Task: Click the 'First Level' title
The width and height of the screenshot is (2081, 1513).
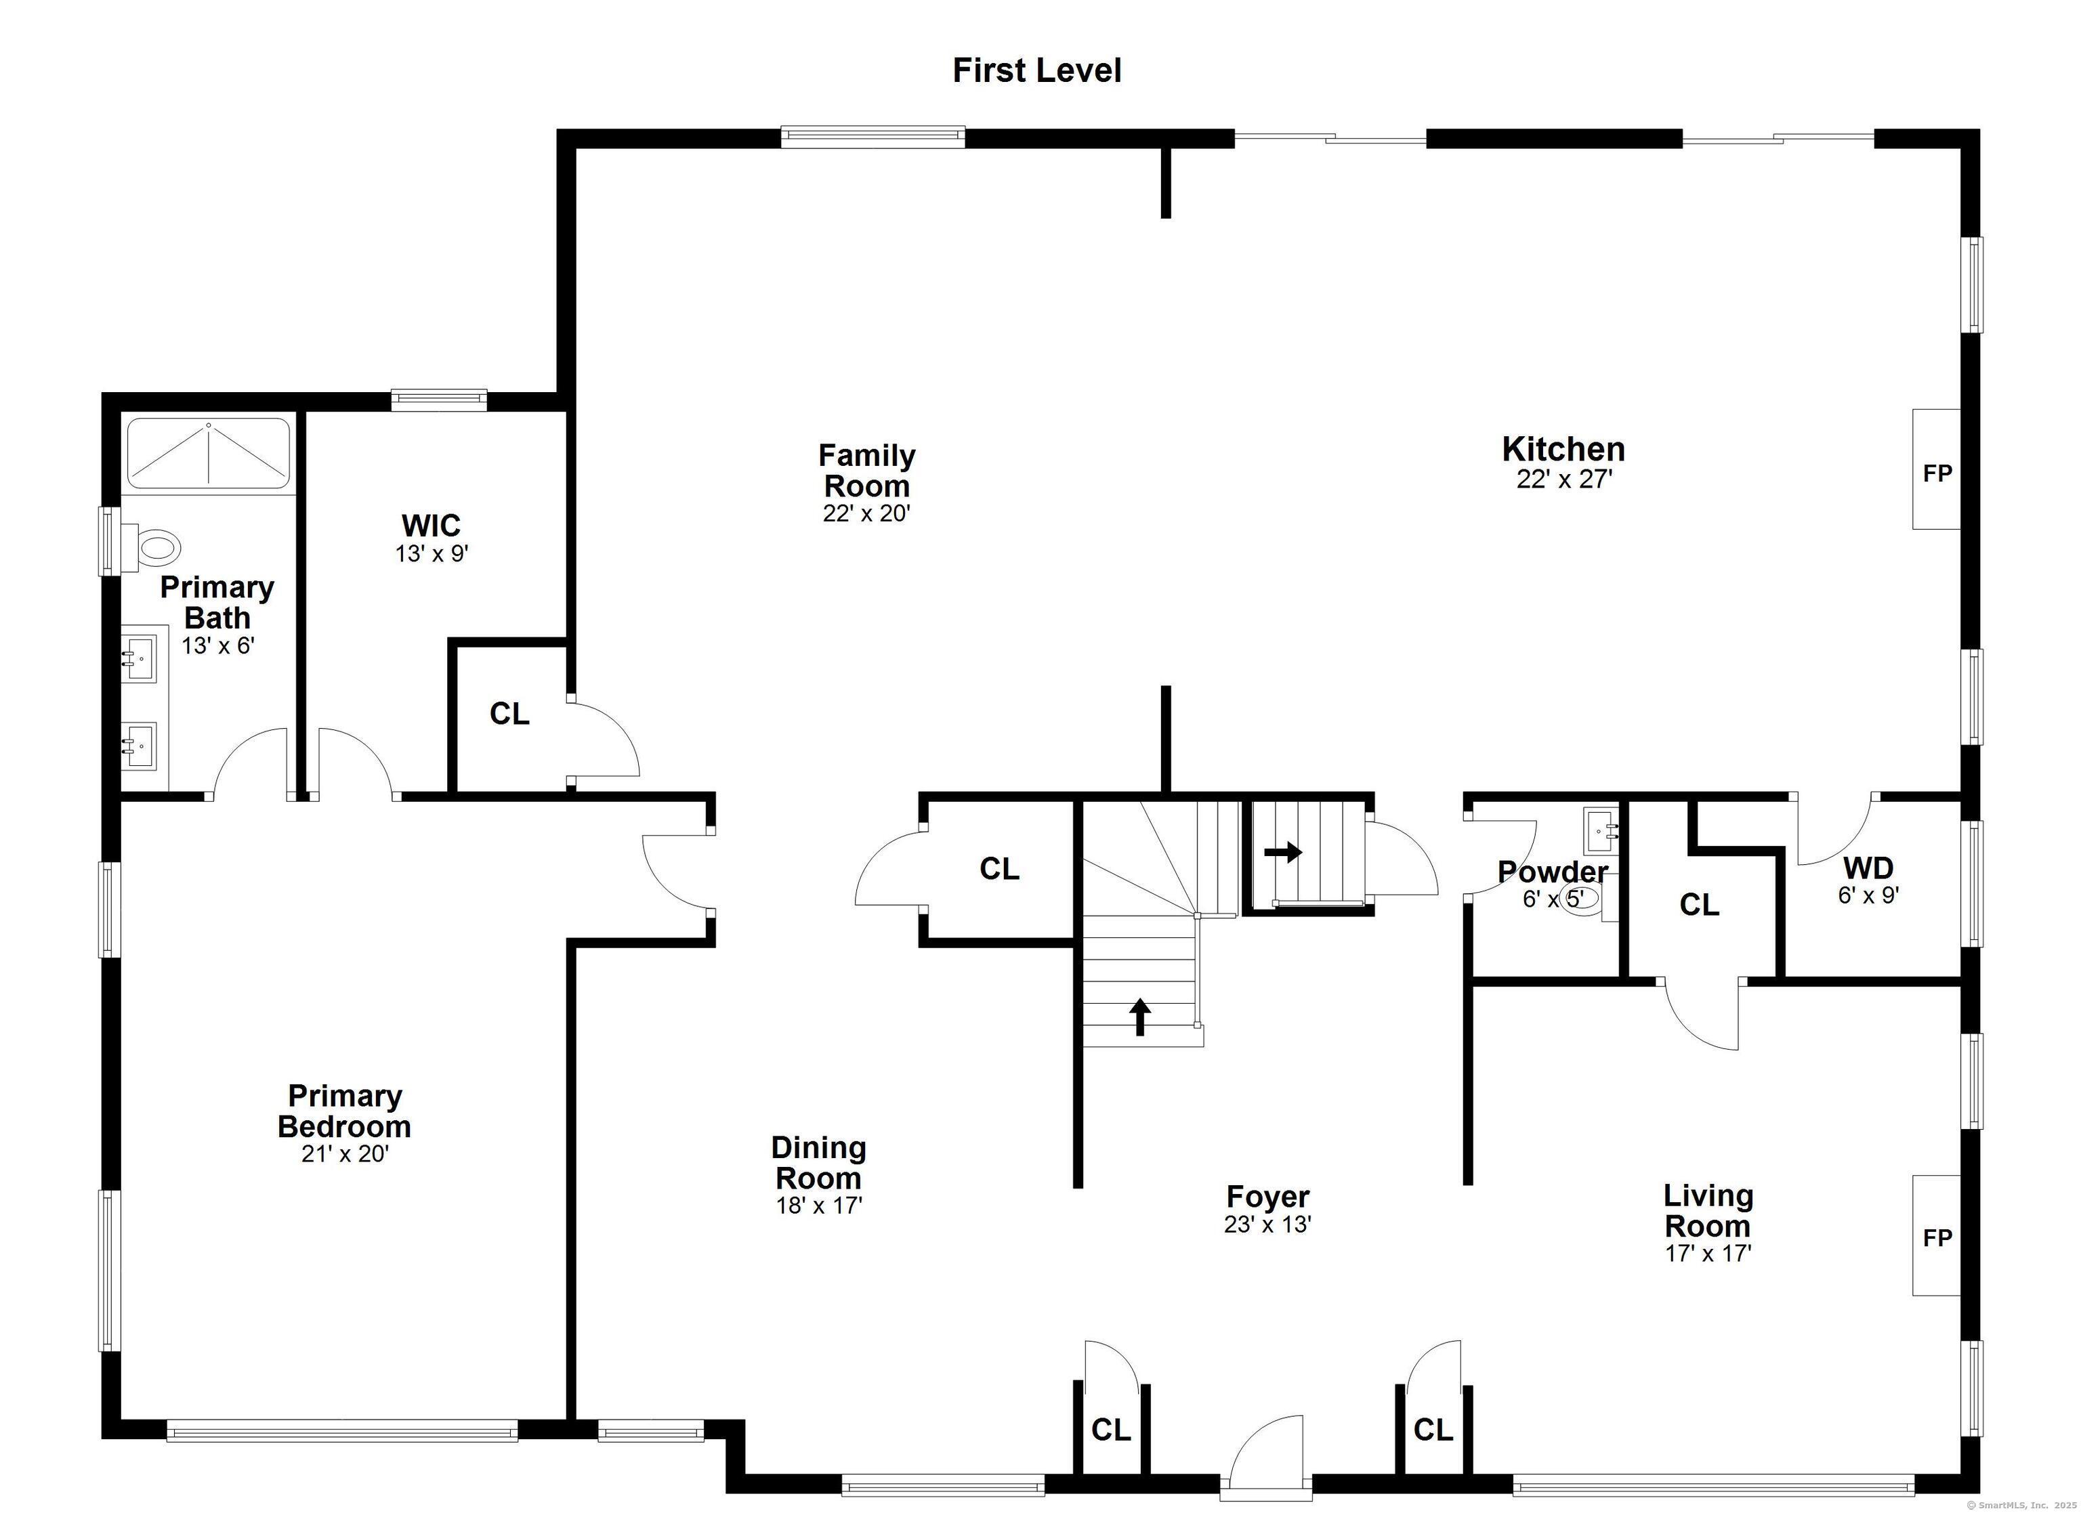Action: (1037, 70)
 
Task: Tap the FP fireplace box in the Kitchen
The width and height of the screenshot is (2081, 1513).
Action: (1936, 469)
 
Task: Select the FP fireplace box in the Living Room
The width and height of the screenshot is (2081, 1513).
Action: (1936, 1236)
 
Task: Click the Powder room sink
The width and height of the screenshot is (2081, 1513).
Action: (1601, 830)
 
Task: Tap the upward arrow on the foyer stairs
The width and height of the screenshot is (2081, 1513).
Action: (1139, 1017)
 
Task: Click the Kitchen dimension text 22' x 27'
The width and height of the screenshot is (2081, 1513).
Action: (1563, 479)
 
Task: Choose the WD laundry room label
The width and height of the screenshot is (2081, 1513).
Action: (1868, 867)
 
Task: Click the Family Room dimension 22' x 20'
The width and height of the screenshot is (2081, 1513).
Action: (866, 513)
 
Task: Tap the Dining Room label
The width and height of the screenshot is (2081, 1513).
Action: (818, 1162)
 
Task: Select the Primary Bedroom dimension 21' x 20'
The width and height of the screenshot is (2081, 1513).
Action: (345, 1153)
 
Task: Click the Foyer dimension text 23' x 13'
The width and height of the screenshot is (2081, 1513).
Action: (1267, 1224)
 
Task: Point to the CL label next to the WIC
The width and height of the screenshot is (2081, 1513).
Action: (509, 713)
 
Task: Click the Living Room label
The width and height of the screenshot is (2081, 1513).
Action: (1708, 1210)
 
